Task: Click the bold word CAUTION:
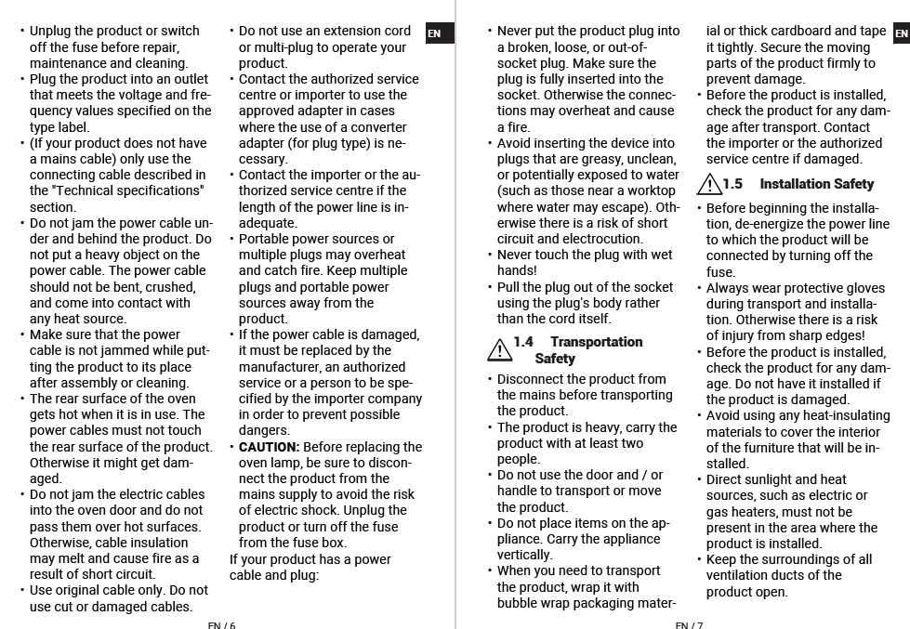(x=269, y=447)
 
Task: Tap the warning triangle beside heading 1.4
(x=499, y=349)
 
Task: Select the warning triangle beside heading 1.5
(x=709, y=184)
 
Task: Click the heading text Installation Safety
(x=816, y=184)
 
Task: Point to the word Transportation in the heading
(x=596, y=342)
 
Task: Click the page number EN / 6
(x=221, y=625)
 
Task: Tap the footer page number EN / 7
(x=689, y=625)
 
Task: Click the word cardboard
(x=801, y=32)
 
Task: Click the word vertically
(x=524, y=555)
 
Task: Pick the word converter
(x=378, y=127)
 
